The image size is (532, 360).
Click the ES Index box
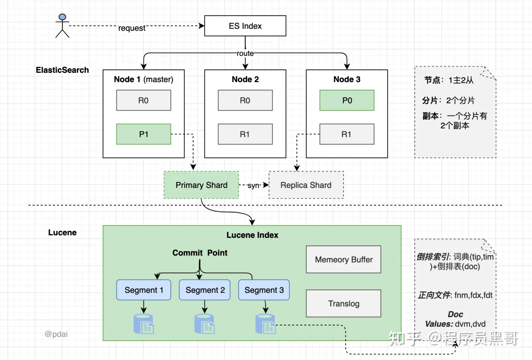pyautogui.click(x=245, y=26)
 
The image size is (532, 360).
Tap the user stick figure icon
pyautogui.click(x=62, y=25)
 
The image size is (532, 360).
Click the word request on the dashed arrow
pyautogui.click(x=132, y=28)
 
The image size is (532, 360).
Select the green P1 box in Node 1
pyautogui.click(x=143, y=134)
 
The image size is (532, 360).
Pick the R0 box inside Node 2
pyautogui.click(x=245, y=100)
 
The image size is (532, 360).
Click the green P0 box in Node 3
pyautogui.click(x=347, y=100)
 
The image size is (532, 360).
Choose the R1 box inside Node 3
pyautogui.click(x=347, y=134)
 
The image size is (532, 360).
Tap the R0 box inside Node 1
pyautogui.click(x=143, y=100)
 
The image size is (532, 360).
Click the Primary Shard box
pyautogui.click(x=201, y=185)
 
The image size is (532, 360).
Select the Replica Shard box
pyautogui.click(x=306, y=185)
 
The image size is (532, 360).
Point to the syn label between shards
pyautogui.click(x=253, y=185)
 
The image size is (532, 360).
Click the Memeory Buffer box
pyautogui.click(x=344, y=259)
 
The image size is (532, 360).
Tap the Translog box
pyautogui.click(x=344, y=303)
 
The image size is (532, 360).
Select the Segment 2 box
pyautogui.click(x=205, y=290)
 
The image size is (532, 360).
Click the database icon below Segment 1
pyautogui.click(x=144, y=324)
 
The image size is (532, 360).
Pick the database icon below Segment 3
pyautogui.click(x=266, y=324)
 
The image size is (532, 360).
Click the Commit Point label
pyautogui.click(x=200, y=253)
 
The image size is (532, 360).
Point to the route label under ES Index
pyautogui.click(x=245, y=54)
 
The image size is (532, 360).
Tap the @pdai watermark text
pyautogui.click(x=56, y=334)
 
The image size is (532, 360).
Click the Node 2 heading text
pyautogui.click(x=245, y=79)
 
